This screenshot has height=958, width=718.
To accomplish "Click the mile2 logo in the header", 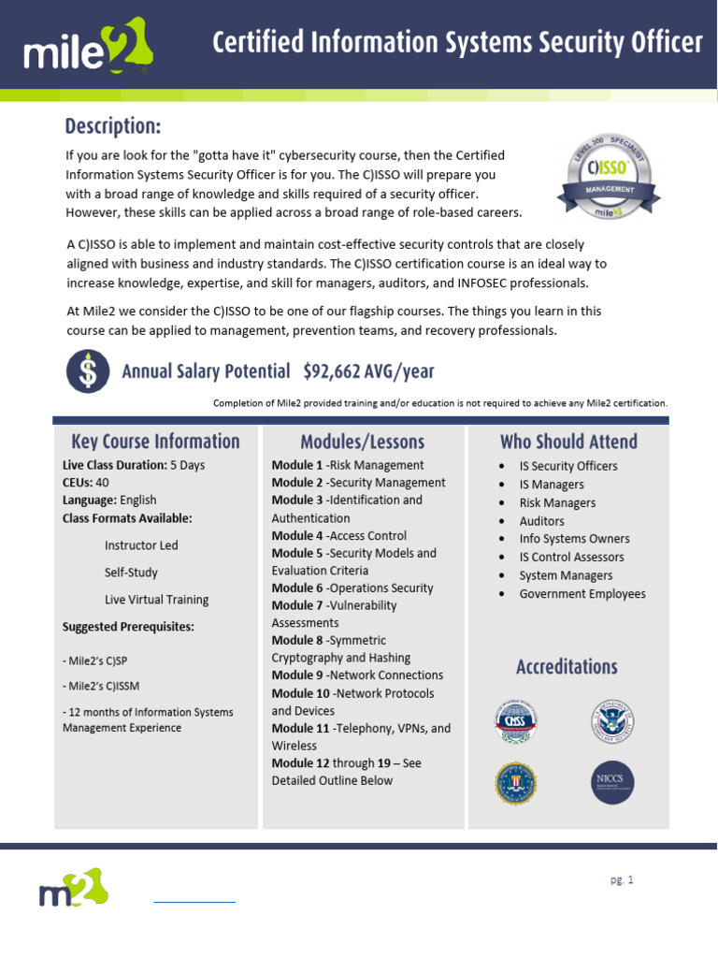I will (x=91, y=47).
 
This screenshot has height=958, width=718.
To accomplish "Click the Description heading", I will (x=112, y=125).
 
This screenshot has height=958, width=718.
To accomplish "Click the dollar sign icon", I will (x=87, y=370).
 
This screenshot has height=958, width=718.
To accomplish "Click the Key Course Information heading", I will (x=155, y=442).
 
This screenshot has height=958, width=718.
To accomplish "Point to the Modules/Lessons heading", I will (x=362, y=442).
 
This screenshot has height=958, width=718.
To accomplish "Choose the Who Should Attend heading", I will (x=568, y=442).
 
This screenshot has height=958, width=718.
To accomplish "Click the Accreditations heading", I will (x=567, y=667).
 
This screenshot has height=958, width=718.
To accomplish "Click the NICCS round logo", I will (x=613, y=783).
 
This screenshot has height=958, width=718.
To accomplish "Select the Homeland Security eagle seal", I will (x=613, y=722).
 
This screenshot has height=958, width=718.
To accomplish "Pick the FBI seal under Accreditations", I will (x=516, y=783).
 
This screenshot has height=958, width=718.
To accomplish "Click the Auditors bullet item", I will (x=541, y=521).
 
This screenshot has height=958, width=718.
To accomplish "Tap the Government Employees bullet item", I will (x=582, y=594).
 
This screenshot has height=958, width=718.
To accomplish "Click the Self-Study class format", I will (x=131, y=573).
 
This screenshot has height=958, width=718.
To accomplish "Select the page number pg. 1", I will (x=621, y=879).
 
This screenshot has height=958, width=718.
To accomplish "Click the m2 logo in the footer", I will (x=74, y=888).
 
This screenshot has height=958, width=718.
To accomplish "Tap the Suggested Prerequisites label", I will (x=128, y=627).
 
